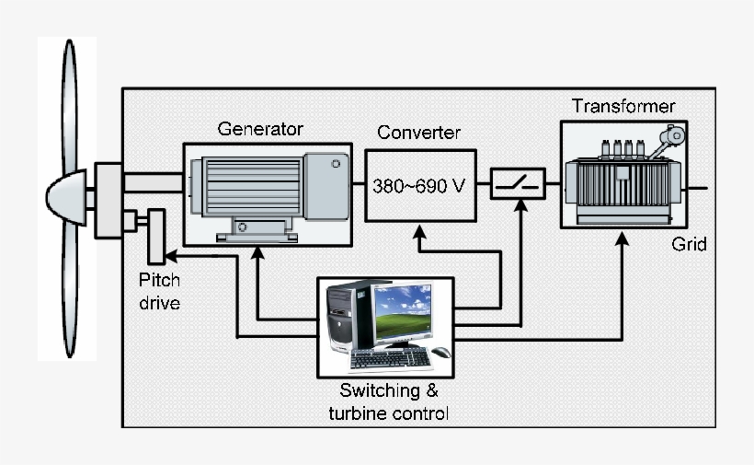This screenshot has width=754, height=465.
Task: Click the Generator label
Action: (259, 128)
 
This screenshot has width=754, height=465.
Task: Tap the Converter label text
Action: (418, 133)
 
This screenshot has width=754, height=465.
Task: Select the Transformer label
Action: (623, 106)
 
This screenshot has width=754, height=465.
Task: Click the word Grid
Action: (689, 245)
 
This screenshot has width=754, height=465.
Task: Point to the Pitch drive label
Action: (159, 290)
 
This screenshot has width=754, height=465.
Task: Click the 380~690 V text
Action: (419, 185)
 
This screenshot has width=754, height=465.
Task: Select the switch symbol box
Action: (518, 184)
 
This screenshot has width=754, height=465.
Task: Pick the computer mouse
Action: (441, 353)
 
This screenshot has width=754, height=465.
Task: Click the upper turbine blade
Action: (69, 101)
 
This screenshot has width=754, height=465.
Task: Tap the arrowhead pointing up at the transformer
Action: (623, 238)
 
